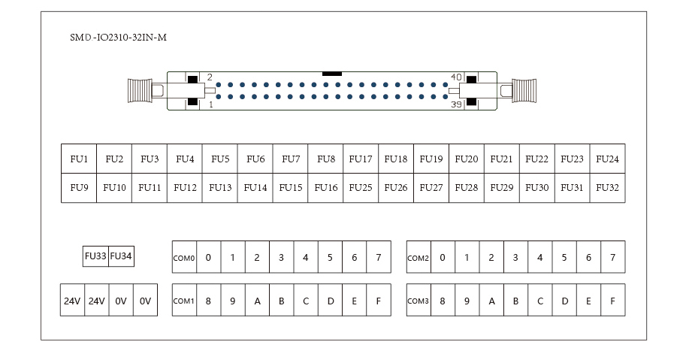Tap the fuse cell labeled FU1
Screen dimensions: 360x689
click(79, 159)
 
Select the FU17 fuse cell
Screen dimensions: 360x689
click(361, 159)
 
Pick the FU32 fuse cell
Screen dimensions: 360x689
click(607, 187)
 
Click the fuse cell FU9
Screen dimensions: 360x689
click(79, 187)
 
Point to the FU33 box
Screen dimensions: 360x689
click(95, 256)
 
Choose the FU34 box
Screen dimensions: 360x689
click(121, 256)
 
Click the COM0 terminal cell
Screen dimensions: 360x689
click(184, 258)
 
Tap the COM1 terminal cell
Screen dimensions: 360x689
click(184, 301)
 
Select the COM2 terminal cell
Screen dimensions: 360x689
click(419, 258)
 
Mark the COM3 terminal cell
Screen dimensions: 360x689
click(419, 301)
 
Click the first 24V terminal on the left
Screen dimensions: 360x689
click(72, 301)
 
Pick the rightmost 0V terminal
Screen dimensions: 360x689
click(145, 301)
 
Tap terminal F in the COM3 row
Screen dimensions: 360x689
click(612, 301)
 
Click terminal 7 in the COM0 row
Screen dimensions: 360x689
click(378, 258)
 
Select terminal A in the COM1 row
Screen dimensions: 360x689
click(257, 301)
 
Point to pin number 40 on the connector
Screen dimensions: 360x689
click(455, 77)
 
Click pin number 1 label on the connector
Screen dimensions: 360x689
click(211, 105)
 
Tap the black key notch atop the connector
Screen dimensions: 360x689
click(331, 74)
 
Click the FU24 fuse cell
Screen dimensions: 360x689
click(607, 159)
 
